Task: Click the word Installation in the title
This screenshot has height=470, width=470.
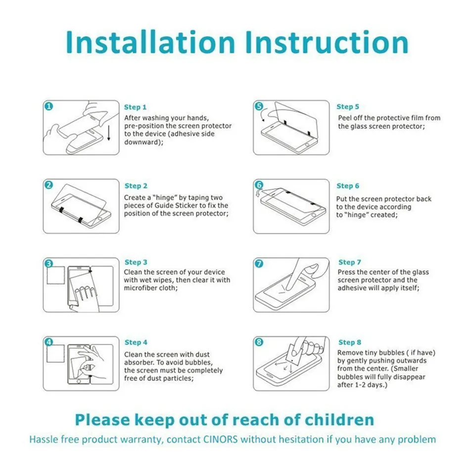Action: (150, 42)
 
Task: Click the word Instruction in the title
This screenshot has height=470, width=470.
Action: (327, 42)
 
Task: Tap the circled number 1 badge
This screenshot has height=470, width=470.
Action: (48, 106)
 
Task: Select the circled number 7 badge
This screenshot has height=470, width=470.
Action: (259, 264)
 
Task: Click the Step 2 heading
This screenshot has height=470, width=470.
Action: (136, 186)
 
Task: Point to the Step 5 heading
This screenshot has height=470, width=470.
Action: (348, 107)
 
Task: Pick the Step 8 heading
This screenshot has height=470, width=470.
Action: (350, 342)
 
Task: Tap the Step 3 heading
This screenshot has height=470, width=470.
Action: (136, 262)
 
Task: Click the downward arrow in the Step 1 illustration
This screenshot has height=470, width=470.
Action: (109, 133)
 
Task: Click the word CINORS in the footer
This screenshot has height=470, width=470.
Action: (220, 439)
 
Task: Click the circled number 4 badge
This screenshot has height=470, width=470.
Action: (48, 342)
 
